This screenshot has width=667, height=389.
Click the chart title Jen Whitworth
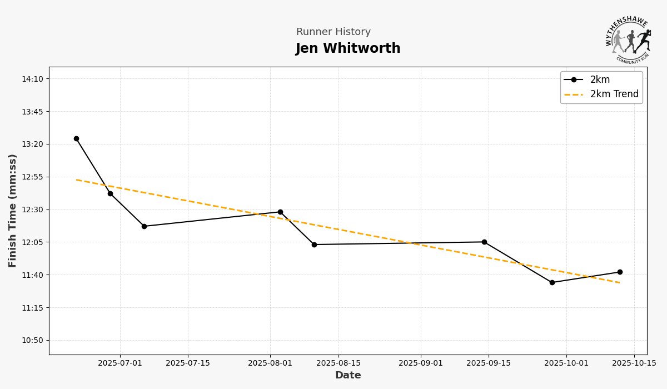click(x=348, y=49)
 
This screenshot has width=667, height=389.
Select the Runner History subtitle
click(x=333, y=32)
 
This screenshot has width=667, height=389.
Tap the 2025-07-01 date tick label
click(x=120, y=363)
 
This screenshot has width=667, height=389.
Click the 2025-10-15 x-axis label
click(x=634, y=363)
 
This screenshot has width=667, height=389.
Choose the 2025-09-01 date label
click(x=421, y=363)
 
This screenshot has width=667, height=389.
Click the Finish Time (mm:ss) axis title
click(x=13, y=211)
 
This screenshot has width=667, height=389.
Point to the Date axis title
click(x=348, y=376)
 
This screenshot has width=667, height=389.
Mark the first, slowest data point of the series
click(x=76, y=139)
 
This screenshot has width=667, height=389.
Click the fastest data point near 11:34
click(x=552, y=282)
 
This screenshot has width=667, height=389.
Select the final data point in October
click(x=620, y=272)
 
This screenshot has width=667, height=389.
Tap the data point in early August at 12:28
click(x=280, y=212)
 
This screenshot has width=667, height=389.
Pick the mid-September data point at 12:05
click(x=484, y=242)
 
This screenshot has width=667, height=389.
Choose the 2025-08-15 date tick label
click(x=339, y=363)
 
